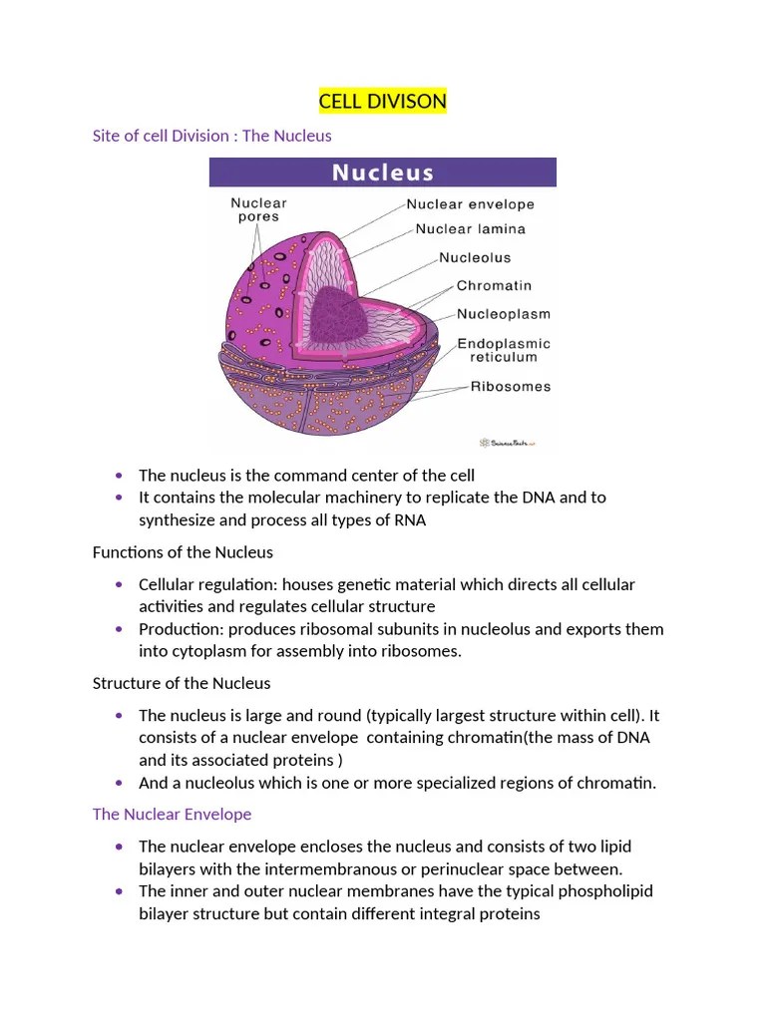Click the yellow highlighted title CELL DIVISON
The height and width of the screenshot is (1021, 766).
383,102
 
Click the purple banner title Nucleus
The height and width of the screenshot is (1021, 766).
383,172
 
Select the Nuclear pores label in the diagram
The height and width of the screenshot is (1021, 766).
258,209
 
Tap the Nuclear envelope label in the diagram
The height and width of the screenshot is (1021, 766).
470,204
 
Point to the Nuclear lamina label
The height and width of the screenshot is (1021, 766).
470,228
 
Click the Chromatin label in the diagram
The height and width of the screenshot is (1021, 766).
494,286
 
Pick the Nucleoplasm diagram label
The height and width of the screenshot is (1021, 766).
504,314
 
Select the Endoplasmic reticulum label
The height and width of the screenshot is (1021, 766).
504,350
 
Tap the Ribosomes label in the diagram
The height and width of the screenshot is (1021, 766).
511,387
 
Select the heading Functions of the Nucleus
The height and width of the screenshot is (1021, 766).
183,551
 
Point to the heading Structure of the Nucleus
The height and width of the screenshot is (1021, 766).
182,683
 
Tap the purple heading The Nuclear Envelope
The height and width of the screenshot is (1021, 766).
172,815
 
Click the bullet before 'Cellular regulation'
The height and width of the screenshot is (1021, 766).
120,584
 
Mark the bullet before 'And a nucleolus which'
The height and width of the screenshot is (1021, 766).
120,783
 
